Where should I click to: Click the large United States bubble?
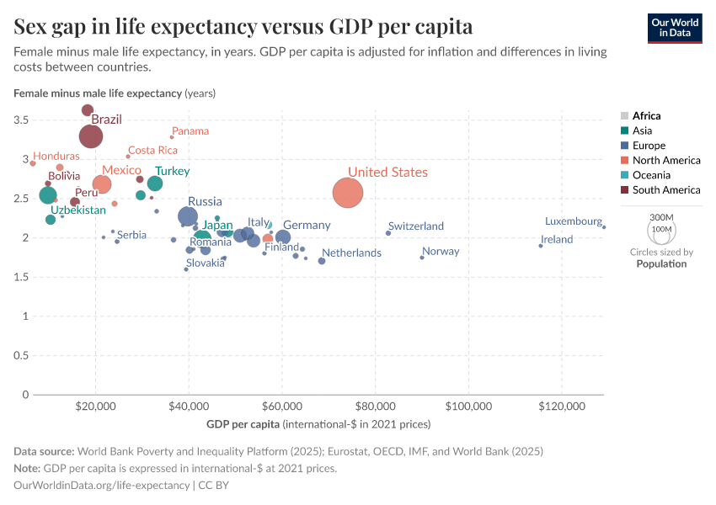click(x=348, y=193)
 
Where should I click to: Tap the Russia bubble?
click(x=189, y=216)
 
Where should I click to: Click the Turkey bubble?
click(x=155, y=183)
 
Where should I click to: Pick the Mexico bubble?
click(x=102, y=184)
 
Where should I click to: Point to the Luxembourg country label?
click(x=573, y=221)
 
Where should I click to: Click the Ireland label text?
click(x=557, y=240)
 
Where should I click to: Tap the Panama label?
click(x=190, y=131)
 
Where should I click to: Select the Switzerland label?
click(x=416, y=226)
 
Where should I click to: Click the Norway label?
click(x=441, y=252)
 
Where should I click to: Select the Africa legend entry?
click(x=646, y=116)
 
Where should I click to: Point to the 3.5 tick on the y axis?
click(x=21, y=120)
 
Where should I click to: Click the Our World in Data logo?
click(x=675, y=28)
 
